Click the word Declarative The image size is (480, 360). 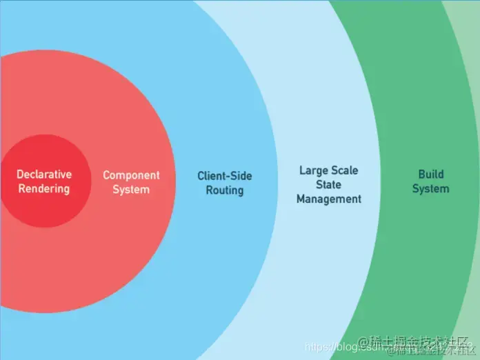[44, 174]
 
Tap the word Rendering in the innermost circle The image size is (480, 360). [44, 188]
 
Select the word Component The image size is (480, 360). [131, 175]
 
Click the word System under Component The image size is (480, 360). [131, 189]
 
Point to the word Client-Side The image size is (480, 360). [225, 175]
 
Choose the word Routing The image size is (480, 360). [225, 190]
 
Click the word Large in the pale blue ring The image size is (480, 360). [314, 170]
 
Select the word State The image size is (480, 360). [329, 184]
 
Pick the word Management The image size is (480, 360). [329, 199]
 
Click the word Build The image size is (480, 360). [431, 174]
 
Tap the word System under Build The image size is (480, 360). [431, 188]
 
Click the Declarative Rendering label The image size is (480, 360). [44, 181]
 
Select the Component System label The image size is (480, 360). [131, 182]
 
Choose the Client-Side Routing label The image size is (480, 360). [225, 182]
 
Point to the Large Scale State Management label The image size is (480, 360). [329, 184]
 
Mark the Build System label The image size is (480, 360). [431, 181]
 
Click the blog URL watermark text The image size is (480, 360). [345, 346]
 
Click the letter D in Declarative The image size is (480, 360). [20, 174]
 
